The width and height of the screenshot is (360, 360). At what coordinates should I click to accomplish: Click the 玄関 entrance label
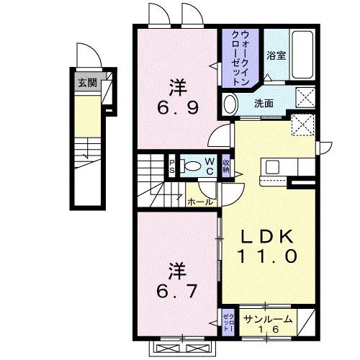(86, 81)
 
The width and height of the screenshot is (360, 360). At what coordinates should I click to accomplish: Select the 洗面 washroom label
(264, 102)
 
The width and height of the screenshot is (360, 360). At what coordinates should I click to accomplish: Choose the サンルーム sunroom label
(267, 318)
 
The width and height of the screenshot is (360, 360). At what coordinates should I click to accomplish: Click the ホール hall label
(200, 202)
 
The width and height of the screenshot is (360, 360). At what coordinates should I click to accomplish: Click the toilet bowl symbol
(191, 166)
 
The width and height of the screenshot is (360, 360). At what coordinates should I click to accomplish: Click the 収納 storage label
(226, 166)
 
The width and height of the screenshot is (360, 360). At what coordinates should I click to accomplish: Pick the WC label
(209, 166)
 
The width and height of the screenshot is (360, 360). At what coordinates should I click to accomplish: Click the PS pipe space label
(171, 166)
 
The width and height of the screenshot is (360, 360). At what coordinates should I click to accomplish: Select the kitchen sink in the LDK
(274, 166)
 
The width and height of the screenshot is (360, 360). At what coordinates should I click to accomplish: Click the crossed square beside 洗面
(305, 97)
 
